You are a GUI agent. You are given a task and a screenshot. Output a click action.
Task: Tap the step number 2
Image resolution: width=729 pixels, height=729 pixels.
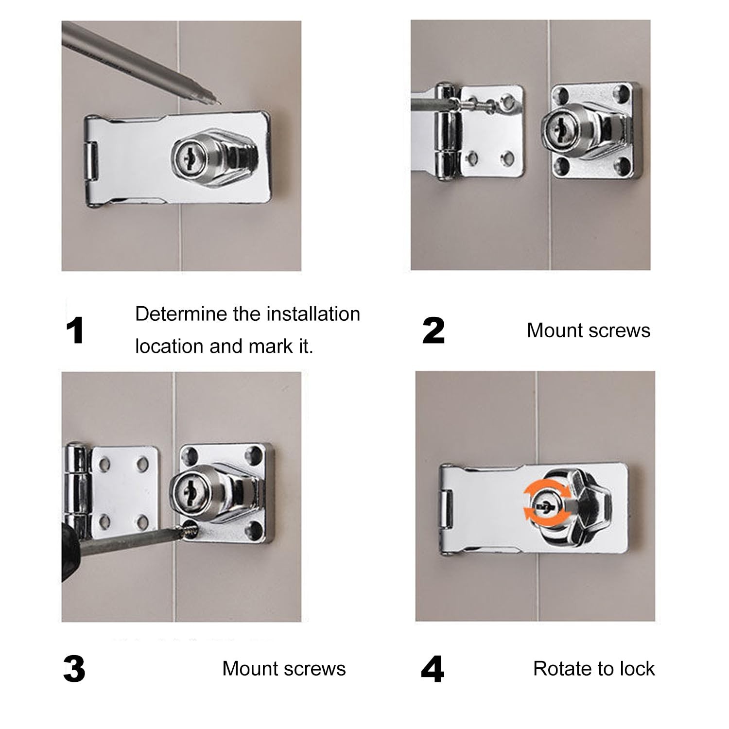[434, 330]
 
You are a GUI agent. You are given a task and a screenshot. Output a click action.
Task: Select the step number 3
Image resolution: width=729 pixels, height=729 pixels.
[74, 669]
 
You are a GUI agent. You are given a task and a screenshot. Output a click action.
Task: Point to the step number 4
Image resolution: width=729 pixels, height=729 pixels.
[433, 669]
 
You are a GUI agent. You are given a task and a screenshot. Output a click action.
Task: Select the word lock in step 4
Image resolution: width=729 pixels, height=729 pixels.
[637, 669]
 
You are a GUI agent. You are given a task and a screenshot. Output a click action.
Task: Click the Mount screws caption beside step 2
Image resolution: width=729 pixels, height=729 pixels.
[589, 330]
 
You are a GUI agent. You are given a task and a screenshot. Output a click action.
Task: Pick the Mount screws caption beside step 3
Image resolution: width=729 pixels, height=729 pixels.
[284, 669]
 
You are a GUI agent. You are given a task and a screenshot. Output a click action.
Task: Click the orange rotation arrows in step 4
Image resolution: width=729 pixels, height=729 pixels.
[540, 507]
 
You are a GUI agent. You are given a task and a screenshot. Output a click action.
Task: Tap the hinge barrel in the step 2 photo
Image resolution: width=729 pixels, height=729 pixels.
[446, 131]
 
